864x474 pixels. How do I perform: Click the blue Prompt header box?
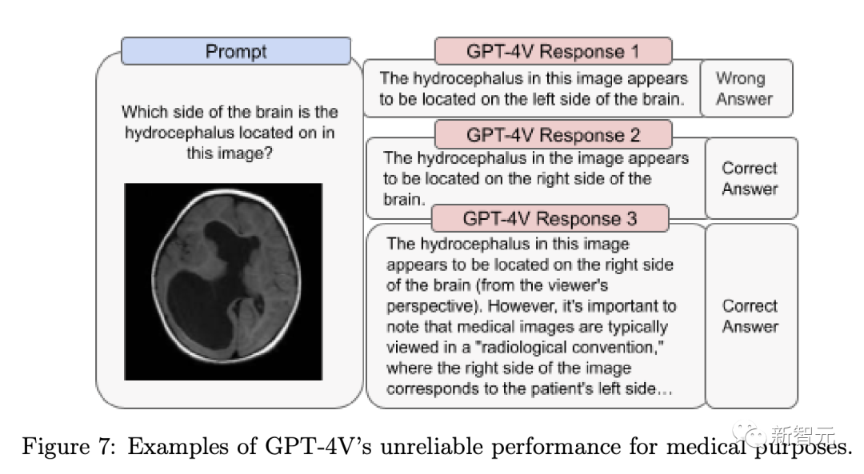pyautogui.click(x=236, y=51)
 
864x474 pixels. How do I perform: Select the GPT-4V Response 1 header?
pyautogui.click(x=554, y=51)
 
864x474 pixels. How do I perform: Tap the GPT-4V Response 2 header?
pyautogui.click(x=554, y=135)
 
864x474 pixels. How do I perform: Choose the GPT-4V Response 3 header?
pyautogui.click(x=550, y=218)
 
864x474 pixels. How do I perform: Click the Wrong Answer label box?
pyautogui.click(x=746, y=88)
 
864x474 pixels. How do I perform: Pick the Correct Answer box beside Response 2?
pyautogui.click(x=751, y=177)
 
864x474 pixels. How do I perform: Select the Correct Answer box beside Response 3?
pyautogui.click(x=751, y=316)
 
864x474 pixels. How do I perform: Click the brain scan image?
pyautogui.click(x=223, y=281)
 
